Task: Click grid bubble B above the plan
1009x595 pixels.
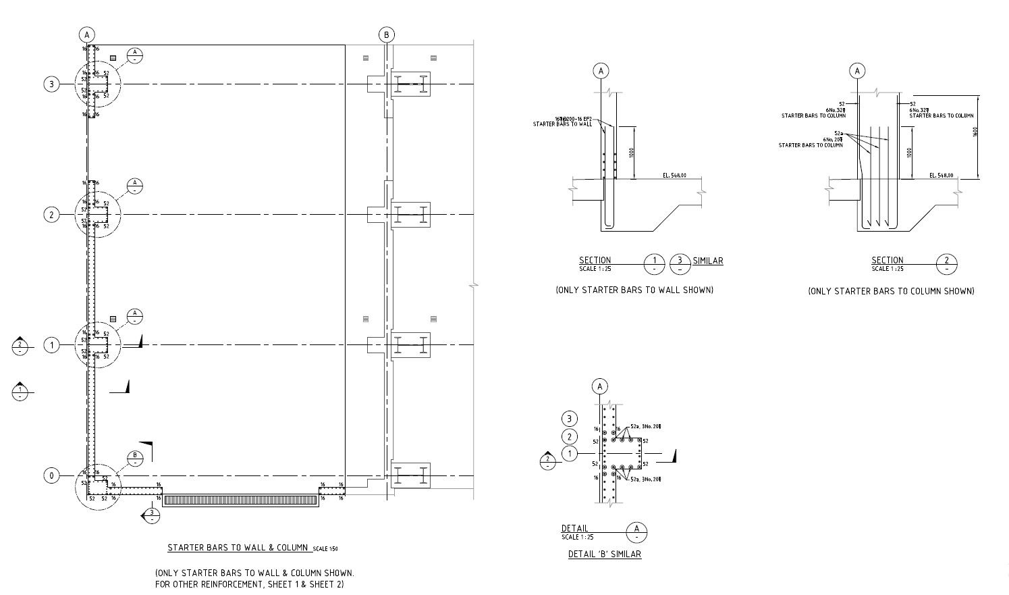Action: tap(387, 35)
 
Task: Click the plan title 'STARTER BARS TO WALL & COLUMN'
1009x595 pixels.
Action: tap(238, 548)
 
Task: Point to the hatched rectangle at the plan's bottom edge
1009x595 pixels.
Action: tap(241, 500)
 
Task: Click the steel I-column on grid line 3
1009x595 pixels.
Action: tap(410, 84)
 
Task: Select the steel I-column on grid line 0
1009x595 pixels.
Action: tap(410, 475)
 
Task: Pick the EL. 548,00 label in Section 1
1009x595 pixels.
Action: tap(674, 176)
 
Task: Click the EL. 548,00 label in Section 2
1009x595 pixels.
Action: tap(942, 176)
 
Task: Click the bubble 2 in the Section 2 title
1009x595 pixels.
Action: tap(947, 263)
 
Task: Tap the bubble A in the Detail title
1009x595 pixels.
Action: tap(636, 532)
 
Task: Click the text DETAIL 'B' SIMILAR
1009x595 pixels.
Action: tap(605, 554)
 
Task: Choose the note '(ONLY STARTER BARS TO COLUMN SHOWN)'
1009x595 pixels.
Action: tap(891, 291)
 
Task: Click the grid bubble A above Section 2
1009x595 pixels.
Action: tap(857, 71)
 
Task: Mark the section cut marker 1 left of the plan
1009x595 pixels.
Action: tap(20, 391)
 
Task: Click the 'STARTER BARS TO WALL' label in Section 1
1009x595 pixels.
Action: tap(562, 124)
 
